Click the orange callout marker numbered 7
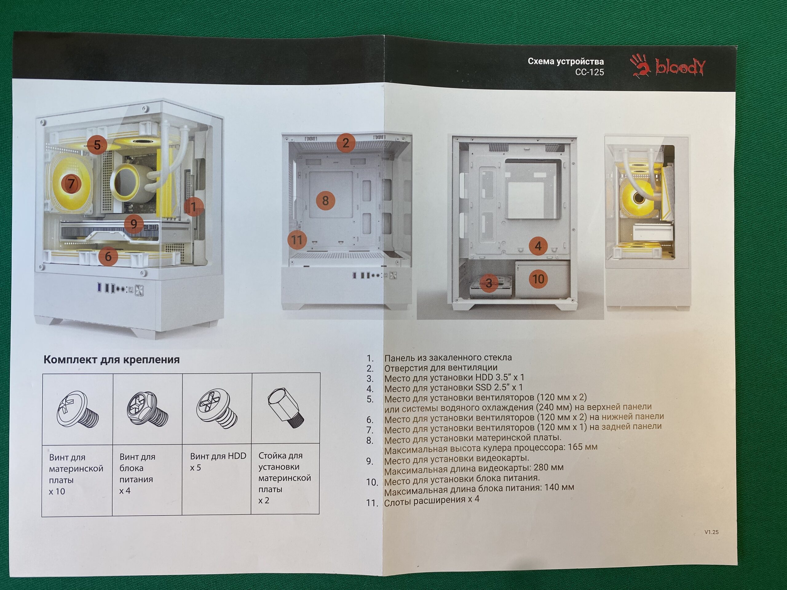[x=72, y=183]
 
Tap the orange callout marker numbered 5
[x=97, y=144]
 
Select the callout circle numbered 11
[x=297, y=240]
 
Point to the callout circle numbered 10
[x=538, y=279]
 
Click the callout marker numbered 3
[x=489, y=283]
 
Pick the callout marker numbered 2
[x=346, y=143]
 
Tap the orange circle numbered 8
[x=325, y=201]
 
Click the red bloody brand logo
[x=667, y=65]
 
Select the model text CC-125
[x=590, y=72]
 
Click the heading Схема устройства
[x=566, y=61]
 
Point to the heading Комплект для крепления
[x=111, y=360]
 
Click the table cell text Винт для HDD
[x=218, y=456]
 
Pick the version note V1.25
[x=711, y=532]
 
